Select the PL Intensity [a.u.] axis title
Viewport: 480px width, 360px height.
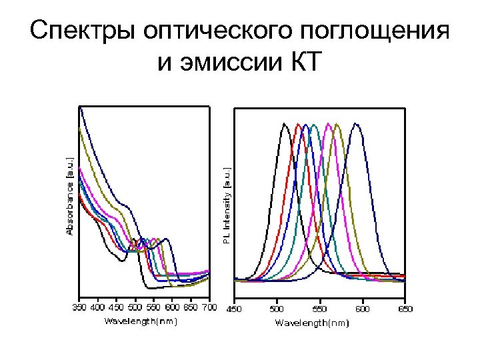pyautogui.click(x=227, y=204)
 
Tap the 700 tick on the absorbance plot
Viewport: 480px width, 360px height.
pyautogui.click(x=209, y=307)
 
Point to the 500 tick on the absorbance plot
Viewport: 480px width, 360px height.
pyautogui.click(x=135, y=307)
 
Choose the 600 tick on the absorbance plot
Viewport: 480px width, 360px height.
pyautogui.click(x=173, y=307)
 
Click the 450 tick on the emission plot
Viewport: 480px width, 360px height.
pyautogui.click(x=234, y=309)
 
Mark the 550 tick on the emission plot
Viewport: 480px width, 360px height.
pyautogui.click(x=319, y=309)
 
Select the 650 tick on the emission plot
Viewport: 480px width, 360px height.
pyautogui.click(x=405, y=309)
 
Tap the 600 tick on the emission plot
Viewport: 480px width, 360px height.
pyautogui.click(x=363, y=309)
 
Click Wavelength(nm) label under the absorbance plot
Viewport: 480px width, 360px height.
pyautogui.click(x=141, y=321)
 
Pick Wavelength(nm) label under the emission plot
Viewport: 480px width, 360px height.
pyautogui.click(x=312, y=323)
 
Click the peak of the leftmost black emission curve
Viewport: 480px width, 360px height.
pyautogui.click(x=285, y=123)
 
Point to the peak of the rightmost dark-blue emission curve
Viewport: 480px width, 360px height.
pyautogui.click(x=357, y=123)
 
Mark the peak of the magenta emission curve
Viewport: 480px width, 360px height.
pyautogui.click(x=328, y=124)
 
